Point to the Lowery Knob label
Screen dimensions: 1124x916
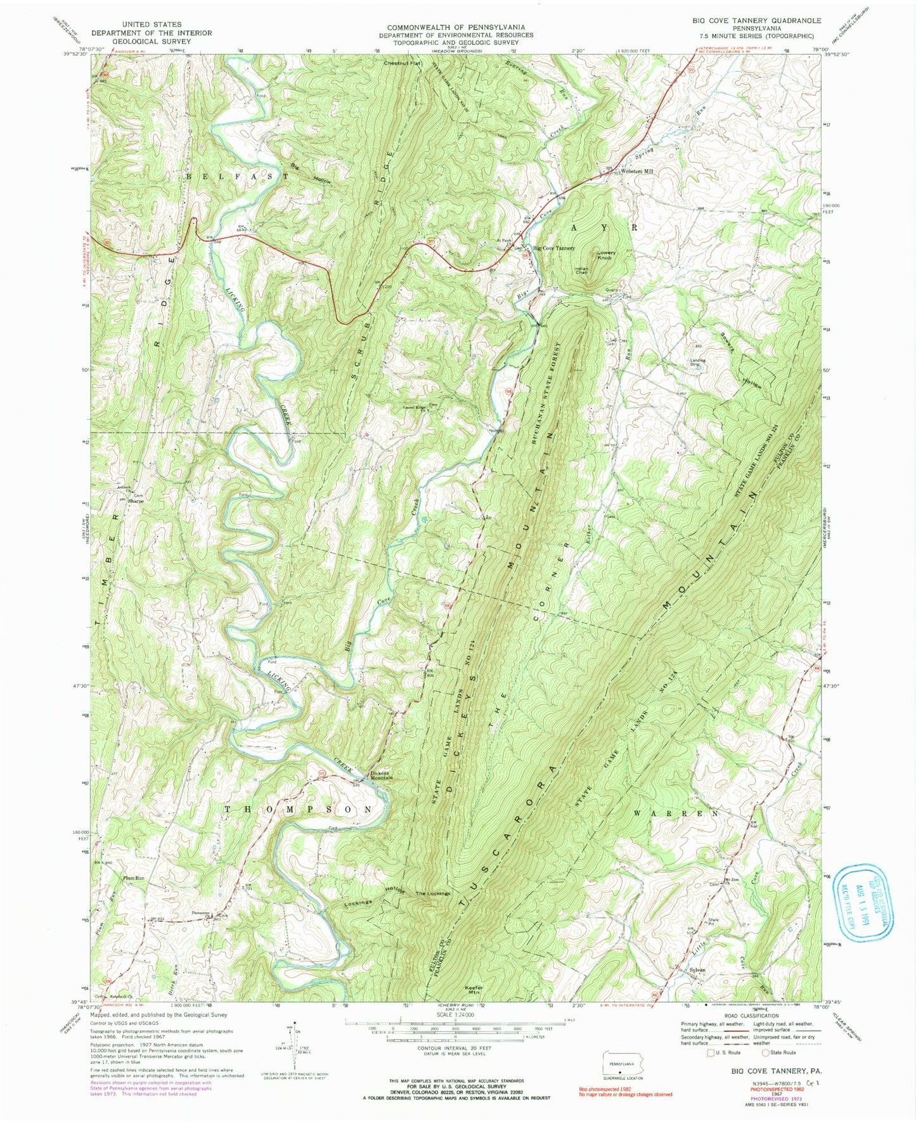click(607, 255)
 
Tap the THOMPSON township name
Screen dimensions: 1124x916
click(299, 810)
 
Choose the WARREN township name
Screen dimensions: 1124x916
click(676, 813)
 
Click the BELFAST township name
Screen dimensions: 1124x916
click(231, 178)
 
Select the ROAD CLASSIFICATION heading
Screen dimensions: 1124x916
click(752, 1023)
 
